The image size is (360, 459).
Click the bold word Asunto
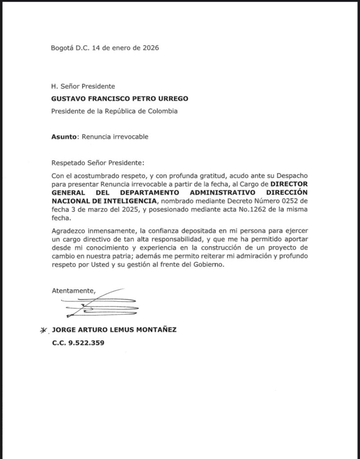pos(64,137)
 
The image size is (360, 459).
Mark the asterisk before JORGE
pos(43,330)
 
